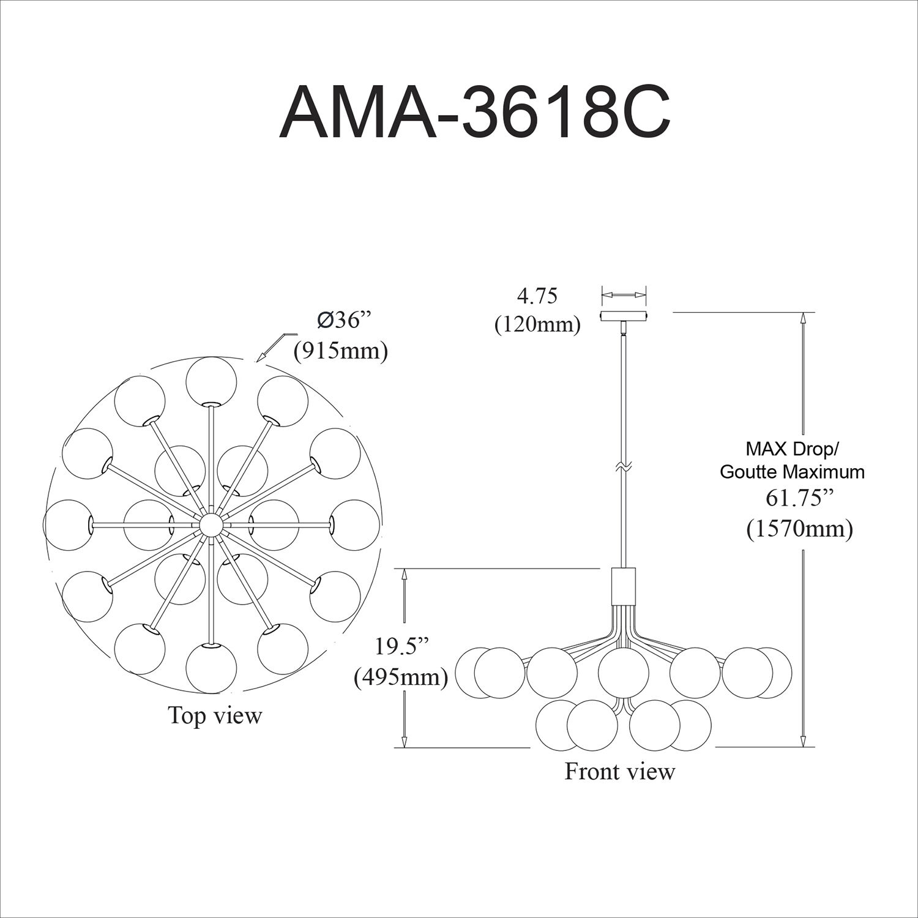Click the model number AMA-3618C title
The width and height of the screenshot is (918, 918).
(474, 113)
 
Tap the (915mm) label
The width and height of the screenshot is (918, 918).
(341, 351)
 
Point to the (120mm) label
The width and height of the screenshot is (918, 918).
(537, 324)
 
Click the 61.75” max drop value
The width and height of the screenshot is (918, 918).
(800, 498)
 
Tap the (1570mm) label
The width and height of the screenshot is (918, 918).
(799, 528)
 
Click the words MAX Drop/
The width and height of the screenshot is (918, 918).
(791, 449)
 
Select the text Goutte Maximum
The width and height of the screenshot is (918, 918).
(792, 472)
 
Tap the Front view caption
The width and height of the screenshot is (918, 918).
(619, 771)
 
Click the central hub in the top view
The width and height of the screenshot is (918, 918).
(211, 524)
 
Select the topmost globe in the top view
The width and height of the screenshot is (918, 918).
(211, 381)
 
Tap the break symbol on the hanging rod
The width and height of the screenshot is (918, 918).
(624, 467)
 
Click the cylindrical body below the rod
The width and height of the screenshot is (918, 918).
(624, 586)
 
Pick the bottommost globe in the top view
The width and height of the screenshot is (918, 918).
(211, 668)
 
